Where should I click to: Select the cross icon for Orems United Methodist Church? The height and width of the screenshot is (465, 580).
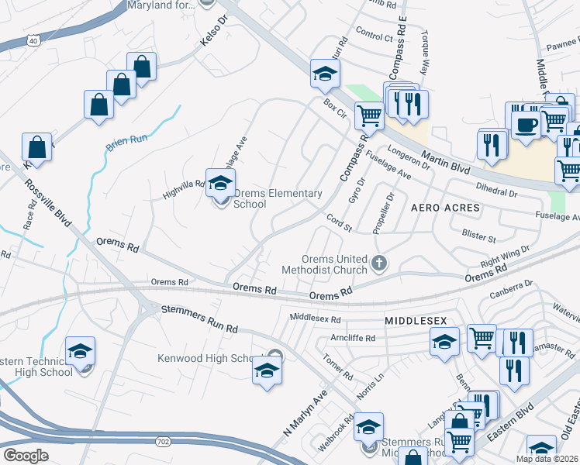379,263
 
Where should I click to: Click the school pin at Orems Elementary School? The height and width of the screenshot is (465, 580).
221,184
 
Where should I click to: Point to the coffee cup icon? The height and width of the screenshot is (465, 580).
526,123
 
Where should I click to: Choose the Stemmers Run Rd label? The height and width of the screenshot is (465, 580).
199,319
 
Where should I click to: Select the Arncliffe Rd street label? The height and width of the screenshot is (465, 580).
352,339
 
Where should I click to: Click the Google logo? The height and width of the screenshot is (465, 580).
25,456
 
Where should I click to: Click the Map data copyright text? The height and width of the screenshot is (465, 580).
547,459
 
